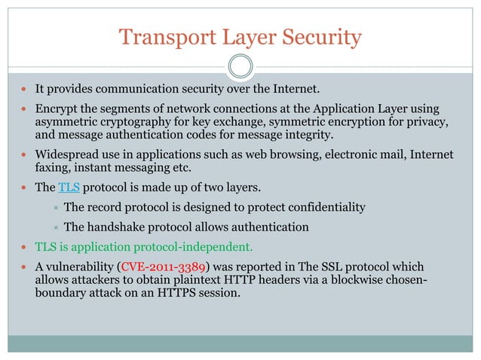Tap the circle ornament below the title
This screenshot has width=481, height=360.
point(240,66)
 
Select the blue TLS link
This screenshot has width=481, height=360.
point(69,188)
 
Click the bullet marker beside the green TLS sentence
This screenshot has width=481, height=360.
point(26,247)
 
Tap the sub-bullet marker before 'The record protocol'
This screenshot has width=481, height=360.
point(55,208)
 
